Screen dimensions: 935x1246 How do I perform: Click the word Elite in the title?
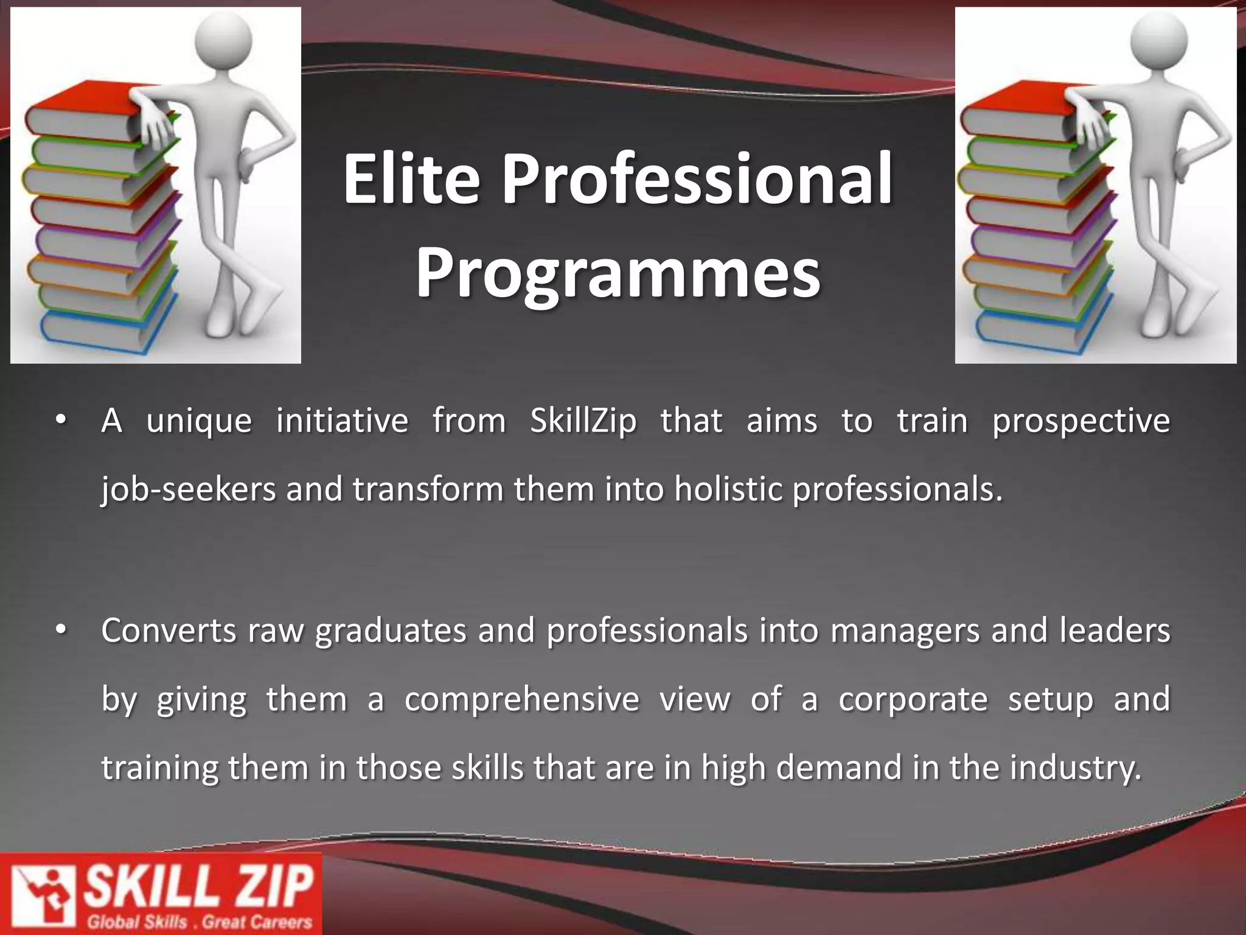[411, 180]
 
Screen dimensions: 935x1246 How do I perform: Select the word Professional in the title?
[697, 180]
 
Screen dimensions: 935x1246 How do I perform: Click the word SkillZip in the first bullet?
[583, 421]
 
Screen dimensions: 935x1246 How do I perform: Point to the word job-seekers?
[189, 490]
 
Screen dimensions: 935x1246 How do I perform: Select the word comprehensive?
[522, 699]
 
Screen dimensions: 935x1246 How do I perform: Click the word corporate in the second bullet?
[913, 699]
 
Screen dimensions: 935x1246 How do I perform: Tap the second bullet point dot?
[60, 631]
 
